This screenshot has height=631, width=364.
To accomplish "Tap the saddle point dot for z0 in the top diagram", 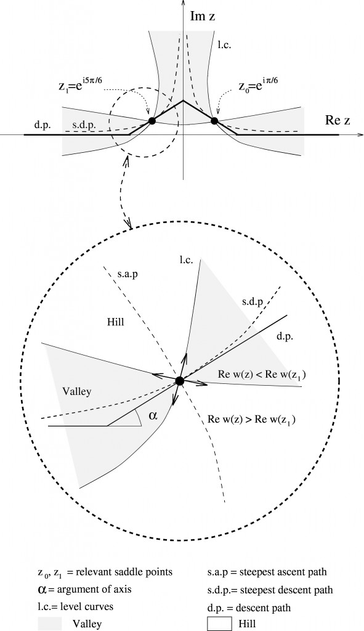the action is pyautogui.click(x=214, y=121).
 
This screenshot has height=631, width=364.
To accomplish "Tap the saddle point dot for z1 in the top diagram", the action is pyautogui.click(x=152, y=121).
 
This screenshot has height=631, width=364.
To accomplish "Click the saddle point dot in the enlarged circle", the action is pyautogui.click(x=180, y=381).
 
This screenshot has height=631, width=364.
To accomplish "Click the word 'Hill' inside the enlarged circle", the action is pyautogui.click(x=116, y=322).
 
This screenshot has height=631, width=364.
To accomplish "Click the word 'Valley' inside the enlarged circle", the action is pyautogui.click(x=77, y=391).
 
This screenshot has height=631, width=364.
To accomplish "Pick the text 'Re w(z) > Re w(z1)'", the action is pyautogui.click(x=253, y=420).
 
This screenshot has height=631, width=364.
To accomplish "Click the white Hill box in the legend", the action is pyautogui.click(x=220, y=624).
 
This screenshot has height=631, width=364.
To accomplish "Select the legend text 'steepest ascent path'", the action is pyautogui.click(x=289, y=572).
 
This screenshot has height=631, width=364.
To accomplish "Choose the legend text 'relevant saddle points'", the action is pyautogui.click(x=130, y=572).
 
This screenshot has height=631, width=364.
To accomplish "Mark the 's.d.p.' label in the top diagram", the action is pyautogui.click(x=83, y=126).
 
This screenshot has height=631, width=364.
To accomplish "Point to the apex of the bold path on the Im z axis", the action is pyautogui.click(x=183, y=100).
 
